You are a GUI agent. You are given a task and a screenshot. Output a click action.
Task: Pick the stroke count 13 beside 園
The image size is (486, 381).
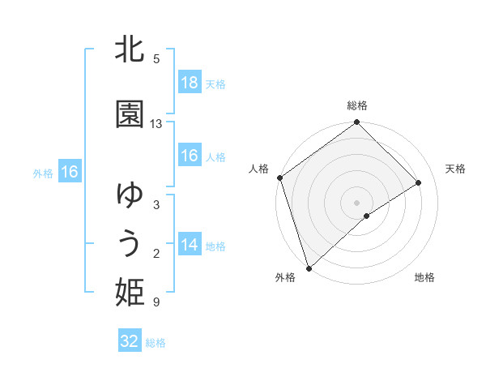click(x=156, y=124)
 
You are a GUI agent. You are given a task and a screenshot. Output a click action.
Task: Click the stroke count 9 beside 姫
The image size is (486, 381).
click(x=156, y=302)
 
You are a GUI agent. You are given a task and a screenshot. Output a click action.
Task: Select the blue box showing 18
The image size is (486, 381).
click(x=189, y=83)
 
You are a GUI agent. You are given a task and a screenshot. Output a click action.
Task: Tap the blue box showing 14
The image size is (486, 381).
click(x=189, y=245)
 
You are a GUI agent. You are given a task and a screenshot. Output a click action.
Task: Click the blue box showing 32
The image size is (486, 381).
click(x=130, y=341)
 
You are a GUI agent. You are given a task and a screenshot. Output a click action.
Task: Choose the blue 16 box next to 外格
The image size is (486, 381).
click(x=69, y=172)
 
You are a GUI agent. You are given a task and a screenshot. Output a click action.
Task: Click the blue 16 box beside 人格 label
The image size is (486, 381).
click(x=189, y=156)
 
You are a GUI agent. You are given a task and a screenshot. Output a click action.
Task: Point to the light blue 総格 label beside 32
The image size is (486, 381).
click(x=156, y=343)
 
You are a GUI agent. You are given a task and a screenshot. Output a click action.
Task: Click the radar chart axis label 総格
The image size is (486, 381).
click(x=357, y=105)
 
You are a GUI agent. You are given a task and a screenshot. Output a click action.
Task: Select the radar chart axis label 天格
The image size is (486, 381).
click(x=456, y=169)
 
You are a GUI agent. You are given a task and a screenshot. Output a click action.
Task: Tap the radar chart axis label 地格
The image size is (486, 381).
click(x=424, y=277)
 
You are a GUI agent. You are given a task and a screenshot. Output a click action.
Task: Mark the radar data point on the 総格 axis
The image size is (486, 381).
click(x=356, y=123)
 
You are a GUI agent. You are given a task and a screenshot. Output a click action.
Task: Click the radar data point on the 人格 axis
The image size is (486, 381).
click(x=279, y=178)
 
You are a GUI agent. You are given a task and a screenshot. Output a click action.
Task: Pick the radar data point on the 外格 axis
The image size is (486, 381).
click(x=309, y=268)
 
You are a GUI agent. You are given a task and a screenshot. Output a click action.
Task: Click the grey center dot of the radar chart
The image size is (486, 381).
click(x=356, y=202)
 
